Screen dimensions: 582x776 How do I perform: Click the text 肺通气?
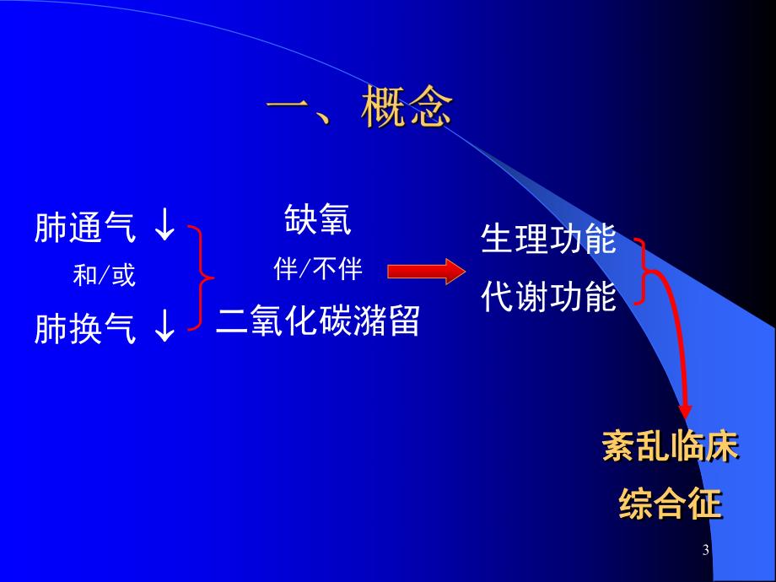coord(84,228)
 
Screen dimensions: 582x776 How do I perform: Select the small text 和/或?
coord(104,276)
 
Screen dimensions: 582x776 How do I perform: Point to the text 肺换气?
coord(84,329)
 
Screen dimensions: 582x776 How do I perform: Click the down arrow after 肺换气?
coord(164,328)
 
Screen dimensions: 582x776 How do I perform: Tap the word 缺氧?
coord(318,220)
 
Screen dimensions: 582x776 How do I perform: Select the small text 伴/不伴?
coord(318,270)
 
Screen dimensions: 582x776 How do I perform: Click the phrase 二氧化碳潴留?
coord(318,321)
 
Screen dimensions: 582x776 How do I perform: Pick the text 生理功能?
coord(549,240)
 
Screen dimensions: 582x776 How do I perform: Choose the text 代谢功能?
coord(549,296)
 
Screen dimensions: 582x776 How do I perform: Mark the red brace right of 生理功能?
coord(644,269)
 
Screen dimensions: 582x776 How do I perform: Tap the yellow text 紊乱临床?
coord(671,448)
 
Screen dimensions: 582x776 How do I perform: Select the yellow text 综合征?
coord(671,504)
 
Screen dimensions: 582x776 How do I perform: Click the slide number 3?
coord(705,551)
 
